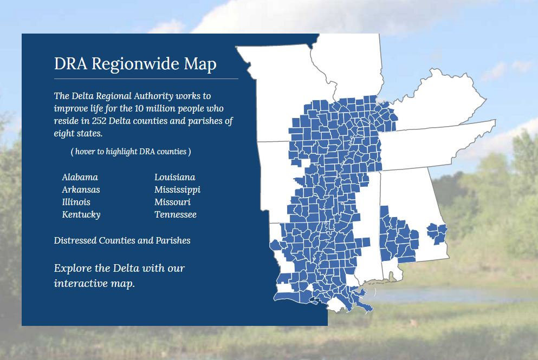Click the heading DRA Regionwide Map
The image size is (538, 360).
tap(135, 64)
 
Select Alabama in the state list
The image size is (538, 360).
tap(80, 177)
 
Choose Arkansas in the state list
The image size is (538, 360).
tap(81, 189)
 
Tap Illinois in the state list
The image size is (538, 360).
tap(76, 202)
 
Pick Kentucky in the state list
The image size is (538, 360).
tap(81, 214)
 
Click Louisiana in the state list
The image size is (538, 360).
tap(174, 177)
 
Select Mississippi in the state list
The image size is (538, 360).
tap(177, 189)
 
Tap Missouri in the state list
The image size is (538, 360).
tap(172, 202)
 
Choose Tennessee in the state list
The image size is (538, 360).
tap(175, 214)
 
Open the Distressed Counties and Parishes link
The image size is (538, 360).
tap(122, 240)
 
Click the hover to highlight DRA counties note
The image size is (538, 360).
tap(131, 152)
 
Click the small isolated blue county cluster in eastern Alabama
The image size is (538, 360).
tap(437, 233)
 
